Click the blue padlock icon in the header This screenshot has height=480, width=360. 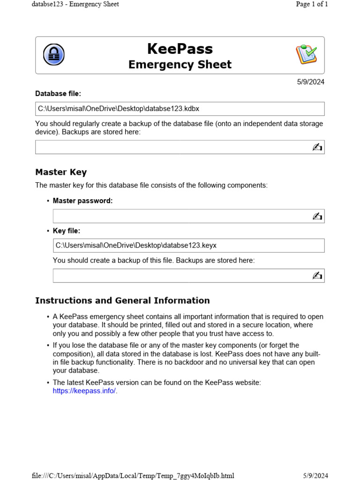[x=54, y=55]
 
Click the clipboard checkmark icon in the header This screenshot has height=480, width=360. [x=306, y=55]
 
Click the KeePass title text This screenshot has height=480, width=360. [x=180, y=49]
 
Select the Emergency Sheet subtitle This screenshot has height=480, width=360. [x=180, y=65]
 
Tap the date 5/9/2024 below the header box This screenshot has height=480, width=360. [x=310, y=82]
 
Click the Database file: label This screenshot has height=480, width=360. [x=58, y=94]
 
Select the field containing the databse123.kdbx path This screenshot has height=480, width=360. [x=180, y=109]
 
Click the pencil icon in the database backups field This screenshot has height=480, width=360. [x=317, y=147]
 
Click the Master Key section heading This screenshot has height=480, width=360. [x=61, y=172]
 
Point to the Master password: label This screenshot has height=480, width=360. [x=82, y=201]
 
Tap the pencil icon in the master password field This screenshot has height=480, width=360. [x=317, y=216]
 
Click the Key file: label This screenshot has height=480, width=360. [x=67, y=231]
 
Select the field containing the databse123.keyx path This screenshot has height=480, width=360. [x=188, y=245]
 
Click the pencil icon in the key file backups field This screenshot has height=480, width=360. [x=317, y=276]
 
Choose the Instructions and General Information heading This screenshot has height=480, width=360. [x=122, y=300]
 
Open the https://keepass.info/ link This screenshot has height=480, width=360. [x=84, y=391]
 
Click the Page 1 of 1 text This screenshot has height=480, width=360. [x=312, y=4]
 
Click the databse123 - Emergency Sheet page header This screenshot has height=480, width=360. [x=75, y=4]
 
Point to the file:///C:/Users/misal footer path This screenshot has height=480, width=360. [x=133, y=476]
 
